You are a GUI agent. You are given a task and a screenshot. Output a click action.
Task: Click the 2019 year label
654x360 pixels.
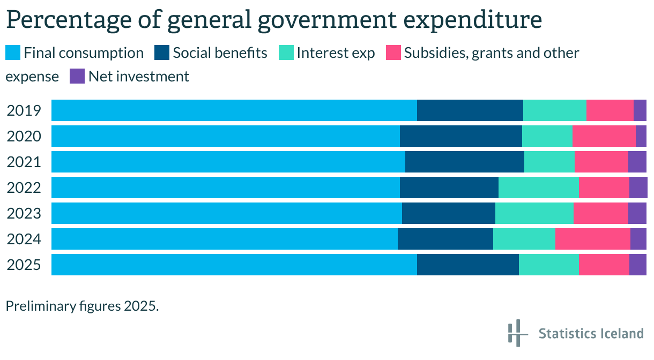pos(24,110)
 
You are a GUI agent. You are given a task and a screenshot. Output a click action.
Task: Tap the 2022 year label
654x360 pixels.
pos(24,187)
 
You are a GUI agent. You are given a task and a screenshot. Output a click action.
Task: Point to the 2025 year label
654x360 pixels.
pos(24,265)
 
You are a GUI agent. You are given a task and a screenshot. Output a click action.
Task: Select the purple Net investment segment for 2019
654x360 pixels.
pos(640,110)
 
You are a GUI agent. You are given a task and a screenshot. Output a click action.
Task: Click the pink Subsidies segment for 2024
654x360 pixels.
pos(592,239)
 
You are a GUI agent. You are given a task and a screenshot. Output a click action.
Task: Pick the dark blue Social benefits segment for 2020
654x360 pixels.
pos(461,136)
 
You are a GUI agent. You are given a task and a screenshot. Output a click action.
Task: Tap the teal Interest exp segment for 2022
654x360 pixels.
pos(539,187)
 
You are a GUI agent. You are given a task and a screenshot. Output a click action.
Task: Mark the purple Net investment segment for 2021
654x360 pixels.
pos(637,162)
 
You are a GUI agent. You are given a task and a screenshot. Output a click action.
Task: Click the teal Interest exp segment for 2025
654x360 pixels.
pos(549,265)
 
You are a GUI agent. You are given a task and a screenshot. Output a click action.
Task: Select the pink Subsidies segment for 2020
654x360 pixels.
pos(604,136)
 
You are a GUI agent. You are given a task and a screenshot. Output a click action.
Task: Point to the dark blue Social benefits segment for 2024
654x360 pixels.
pos(445,239)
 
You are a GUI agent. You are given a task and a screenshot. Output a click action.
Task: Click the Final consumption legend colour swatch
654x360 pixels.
pos(13,52)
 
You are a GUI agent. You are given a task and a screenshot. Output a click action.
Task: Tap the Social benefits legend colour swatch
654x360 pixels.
pos(162,52)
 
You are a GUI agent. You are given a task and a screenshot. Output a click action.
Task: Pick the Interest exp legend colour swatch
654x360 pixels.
pos(286,52)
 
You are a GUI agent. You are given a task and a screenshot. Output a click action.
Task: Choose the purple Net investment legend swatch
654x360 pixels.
pos(77,76)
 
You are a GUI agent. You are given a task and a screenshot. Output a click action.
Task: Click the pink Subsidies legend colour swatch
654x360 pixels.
pos(393,52)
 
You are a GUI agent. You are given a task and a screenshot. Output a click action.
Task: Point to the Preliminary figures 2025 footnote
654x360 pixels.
pos(83,306)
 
